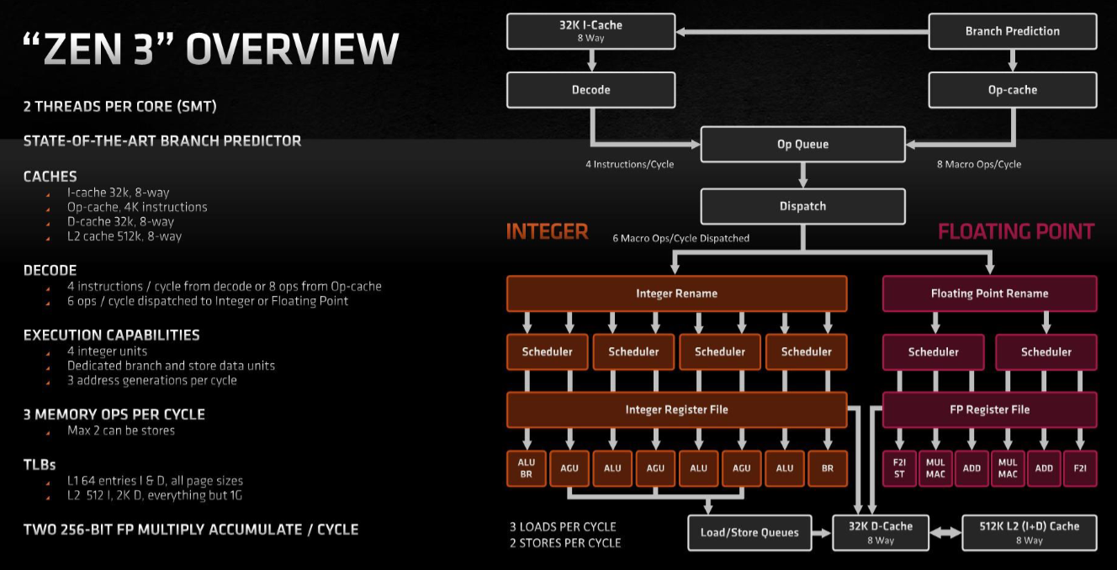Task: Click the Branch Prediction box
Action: point(1012,31)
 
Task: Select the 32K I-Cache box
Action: point(590,31)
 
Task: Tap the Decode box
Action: point(590,90)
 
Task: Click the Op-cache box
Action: point(1012,90)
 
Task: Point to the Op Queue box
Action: point(802,144)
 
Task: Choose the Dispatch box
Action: point(802,206)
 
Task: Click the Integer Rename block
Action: point(676,293)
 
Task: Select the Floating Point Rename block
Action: point(989,293)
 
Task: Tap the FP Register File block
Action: point(989,409)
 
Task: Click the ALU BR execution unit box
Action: point(527,468)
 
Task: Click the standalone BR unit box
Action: point(828,468)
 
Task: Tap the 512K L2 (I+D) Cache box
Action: point(1029,532)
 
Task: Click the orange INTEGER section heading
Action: point(547,231)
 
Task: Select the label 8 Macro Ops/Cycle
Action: point(979,165)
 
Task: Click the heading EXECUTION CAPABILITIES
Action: point(111,335)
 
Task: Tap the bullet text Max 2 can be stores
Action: point(121,430)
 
